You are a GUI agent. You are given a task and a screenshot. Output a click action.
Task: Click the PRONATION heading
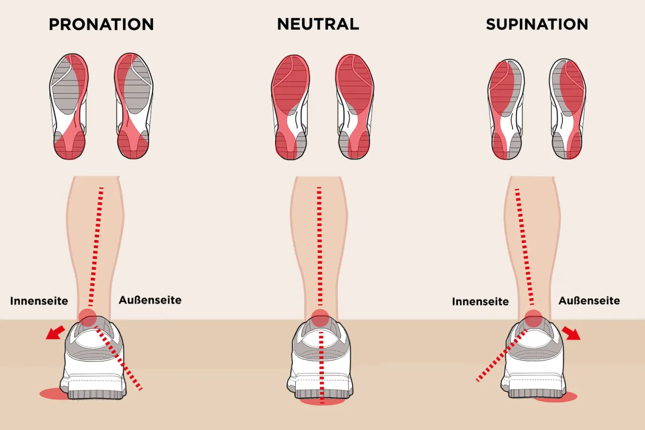point(101,24)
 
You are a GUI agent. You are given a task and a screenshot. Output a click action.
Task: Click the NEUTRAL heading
point(318,24)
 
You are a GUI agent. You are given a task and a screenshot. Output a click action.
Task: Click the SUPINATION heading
point(537,24)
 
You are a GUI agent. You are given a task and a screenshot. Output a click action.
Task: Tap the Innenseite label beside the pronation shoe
point(39,301)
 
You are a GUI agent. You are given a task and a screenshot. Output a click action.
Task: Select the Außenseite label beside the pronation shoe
point(150,300)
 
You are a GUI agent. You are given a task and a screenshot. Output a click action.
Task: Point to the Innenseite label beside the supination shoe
point(480,301)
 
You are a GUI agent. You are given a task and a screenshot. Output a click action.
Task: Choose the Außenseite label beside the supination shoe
point(589,300)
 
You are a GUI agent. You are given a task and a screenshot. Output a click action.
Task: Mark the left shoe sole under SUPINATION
point(506,109)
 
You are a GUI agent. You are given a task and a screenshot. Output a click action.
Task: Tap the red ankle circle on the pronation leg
point(88,318)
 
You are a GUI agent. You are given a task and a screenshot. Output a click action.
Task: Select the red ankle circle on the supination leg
point(533,319)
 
